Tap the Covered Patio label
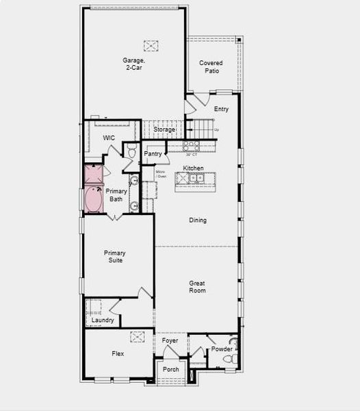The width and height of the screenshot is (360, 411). [x=211, y=67]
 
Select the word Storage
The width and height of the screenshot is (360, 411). [x=164, y=129]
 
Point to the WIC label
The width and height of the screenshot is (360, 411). [x=109, y=138]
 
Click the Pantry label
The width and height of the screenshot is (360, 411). [x=153, y=154]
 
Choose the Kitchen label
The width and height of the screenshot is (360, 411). [x=193, y=169]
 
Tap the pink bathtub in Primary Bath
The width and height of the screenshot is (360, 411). [x=93, y=199]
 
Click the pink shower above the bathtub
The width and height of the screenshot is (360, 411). [x=93, y=174]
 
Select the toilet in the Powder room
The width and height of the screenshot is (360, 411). [x=233, y=357]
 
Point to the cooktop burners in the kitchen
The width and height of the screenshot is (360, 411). [x=190, y=146]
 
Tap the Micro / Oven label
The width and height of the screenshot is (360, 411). [x=161, y=174]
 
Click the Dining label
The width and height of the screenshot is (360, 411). [x=198, y=221]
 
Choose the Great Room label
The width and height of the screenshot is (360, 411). [x=198, y=286]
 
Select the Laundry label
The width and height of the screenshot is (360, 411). [x=103, y=320]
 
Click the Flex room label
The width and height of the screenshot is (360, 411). [x=118, y=354]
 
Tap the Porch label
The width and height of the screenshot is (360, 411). [x=171, y=370]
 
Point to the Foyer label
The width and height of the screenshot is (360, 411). [x=170, y=340]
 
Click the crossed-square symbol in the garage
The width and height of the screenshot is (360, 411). [x=151, y=45]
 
